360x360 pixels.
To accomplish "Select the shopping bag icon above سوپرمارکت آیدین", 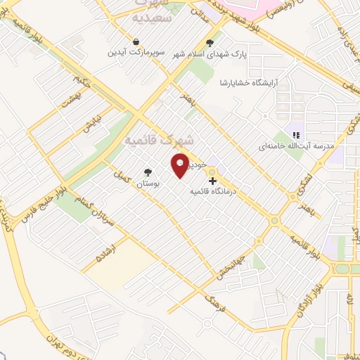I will (137, 39).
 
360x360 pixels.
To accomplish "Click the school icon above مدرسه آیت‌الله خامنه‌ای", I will (297, 134).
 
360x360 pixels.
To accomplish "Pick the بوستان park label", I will (148, 183).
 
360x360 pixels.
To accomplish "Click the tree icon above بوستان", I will (148, 172).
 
